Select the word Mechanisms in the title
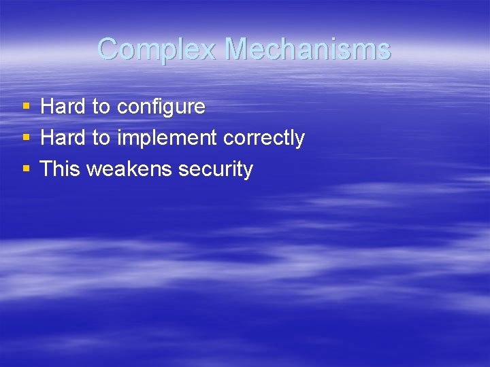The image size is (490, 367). pos(308,49)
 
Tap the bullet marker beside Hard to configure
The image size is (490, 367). pos(26,107)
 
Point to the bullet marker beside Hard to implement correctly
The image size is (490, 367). pos(26,138)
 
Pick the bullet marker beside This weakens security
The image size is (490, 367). pos(26,169)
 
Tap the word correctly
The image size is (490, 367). pos(264,139)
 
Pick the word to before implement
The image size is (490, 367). pos(101,139)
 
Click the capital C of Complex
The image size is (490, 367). pos(108,49)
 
